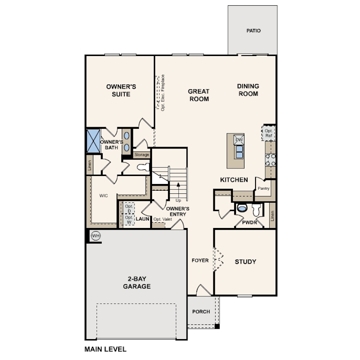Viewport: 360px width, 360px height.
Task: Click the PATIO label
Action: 253,31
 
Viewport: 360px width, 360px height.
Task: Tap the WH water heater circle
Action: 96,236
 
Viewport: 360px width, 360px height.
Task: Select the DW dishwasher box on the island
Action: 239,140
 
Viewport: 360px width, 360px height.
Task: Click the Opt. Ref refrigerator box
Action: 268,133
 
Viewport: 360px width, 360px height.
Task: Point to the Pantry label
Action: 264,188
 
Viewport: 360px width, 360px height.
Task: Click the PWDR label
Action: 249,223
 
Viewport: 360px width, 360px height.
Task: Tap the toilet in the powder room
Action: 256,210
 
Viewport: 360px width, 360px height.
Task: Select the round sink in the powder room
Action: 242,208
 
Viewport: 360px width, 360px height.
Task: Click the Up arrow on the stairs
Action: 178,190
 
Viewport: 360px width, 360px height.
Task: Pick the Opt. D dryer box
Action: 129,208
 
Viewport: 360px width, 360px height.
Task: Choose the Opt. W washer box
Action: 129,220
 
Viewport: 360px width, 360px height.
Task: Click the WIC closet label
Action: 104,196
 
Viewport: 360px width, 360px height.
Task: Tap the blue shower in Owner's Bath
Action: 93,141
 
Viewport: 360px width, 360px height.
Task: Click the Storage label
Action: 142,155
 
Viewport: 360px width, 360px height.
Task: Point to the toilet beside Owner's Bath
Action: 143,167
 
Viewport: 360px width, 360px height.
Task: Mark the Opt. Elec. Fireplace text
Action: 163,93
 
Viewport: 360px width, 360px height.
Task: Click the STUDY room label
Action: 245,262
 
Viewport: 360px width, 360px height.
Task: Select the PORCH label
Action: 201,312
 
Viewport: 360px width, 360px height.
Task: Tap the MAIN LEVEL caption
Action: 105,349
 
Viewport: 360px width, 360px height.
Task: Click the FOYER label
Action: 200,260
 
